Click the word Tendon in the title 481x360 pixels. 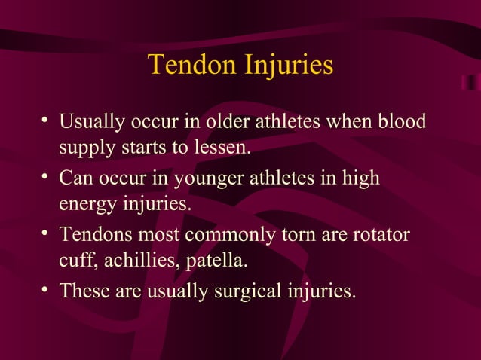191,65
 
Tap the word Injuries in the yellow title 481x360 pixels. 287,66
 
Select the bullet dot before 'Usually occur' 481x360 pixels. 46,120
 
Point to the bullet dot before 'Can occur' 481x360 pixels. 46,177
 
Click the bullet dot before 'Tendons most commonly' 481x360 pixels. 46,234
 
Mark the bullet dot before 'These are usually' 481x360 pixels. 46,290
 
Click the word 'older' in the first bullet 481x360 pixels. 225,121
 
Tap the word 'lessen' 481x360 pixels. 223,147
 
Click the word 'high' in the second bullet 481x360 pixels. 362,180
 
